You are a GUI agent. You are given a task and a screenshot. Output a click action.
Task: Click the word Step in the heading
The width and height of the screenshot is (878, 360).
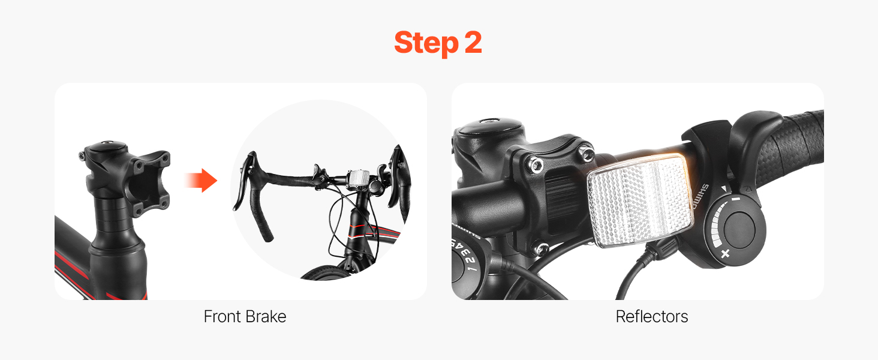pos(426,43)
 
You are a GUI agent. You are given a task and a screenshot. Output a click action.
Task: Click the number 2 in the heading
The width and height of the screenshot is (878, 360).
pos(473,42)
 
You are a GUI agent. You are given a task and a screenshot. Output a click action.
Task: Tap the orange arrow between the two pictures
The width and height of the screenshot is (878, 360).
pos(201,181)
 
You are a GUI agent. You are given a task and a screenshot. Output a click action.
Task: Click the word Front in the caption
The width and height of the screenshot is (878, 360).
pos(222,316)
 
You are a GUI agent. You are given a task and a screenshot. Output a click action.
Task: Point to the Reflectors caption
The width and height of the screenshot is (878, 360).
pos(652,316)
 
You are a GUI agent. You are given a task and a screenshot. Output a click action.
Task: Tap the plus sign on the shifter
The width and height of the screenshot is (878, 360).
pos(725,253)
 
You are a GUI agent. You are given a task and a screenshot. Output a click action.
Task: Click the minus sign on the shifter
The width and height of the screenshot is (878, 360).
pos(736,199)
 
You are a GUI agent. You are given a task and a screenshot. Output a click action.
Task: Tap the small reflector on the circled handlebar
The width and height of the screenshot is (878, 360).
pos(357,178)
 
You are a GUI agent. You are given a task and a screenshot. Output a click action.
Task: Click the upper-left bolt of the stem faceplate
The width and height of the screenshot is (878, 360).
pos(534,164)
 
